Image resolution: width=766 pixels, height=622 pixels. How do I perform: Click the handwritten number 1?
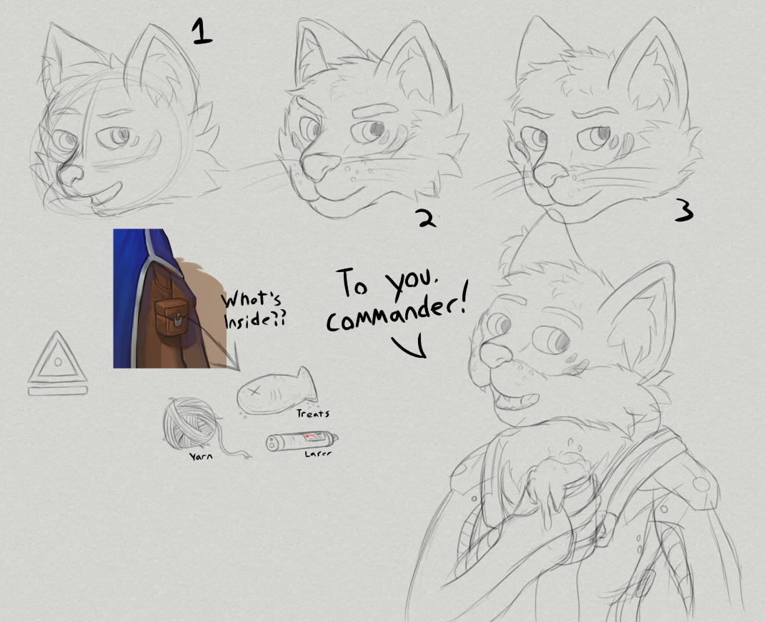tap(202, 31)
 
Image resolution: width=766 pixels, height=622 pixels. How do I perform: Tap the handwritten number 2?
tap(427, 218)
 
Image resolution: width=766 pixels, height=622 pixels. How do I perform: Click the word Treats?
tap(313, 413)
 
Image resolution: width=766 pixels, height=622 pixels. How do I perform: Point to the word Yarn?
tap(201, 456)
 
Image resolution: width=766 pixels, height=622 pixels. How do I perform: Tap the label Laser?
tap(317, 454)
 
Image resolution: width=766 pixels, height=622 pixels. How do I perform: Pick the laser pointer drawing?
tap(302, 441)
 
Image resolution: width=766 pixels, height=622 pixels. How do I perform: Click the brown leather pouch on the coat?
tap(171, 317)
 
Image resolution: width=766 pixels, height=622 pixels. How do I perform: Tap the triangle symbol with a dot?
tap(58, 357)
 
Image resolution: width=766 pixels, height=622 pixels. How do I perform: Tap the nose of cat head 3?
tap(549, 175)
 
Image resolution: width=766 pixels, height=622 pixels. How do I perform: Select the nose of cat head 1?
tap(71, 174)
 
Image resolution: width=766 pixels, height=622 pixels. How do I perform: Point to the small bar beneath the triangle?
tap(58, 390)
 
